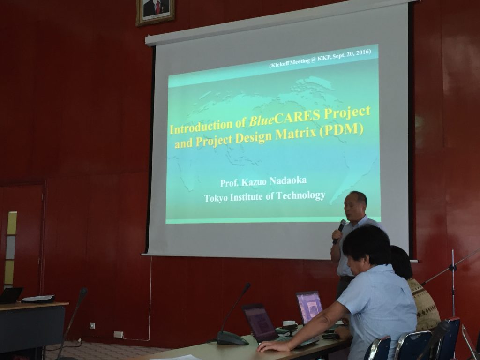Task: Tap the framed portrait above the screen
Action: tap(155, 12)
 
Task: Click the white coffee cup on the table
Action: tap(289, 324)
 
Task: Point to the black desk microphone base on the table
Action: tap(232, 338)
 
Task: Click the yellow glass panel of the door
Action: tap(12, 223)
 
